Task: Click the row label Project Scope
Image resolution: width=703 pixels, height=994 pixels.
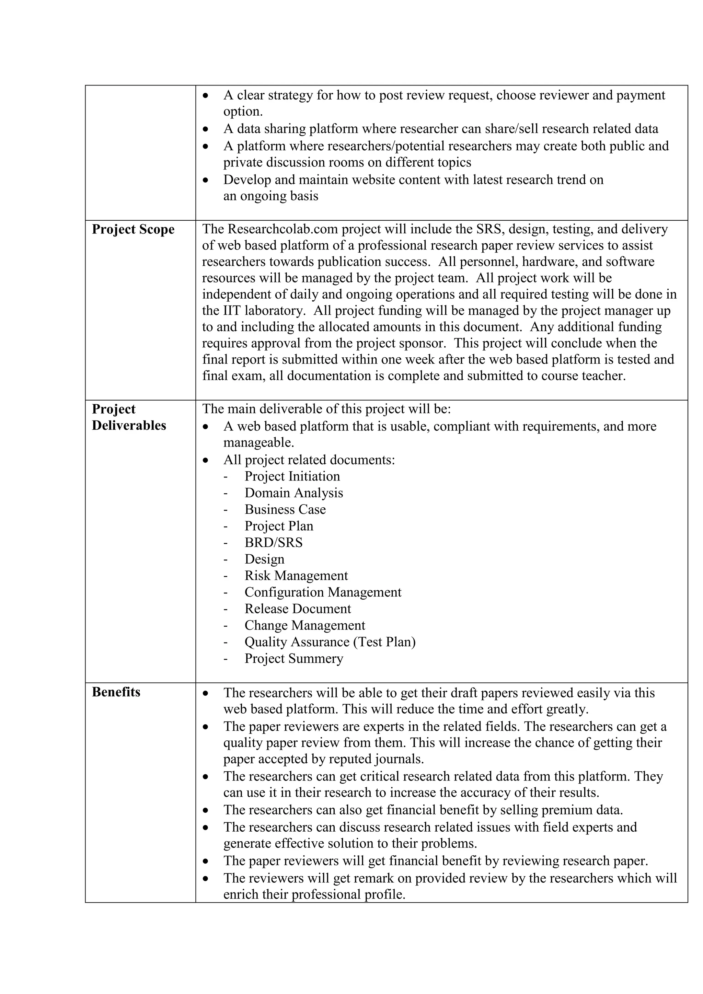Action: click(x=133, y=230)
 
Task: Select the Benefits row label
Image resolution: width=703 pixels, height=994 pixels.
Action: click(x=116, y=692)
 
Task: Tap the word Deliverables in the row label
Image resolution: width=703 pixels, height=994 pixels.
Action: click(x=129, y=426)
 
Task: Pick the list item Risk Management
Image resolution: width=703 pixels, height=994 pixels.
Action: click(x=296, y=576)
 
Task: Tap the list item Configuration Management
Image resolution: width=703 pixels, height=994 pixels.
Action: click(x=323, y=592)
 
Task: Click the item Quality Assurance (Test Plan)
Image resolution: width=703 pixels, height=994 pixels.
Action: click(x=330, y=642)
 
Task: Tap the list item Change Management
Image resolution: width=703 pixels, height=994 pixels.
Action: click(x=305, y=626)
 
